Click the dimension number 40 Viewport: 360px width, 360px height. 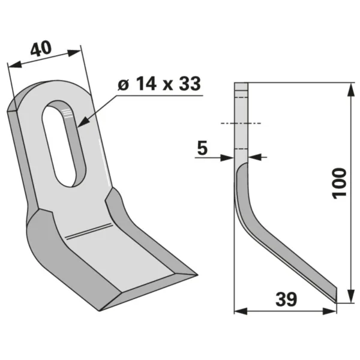41,49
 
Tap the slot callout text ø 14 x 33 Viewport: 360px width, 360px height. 160,83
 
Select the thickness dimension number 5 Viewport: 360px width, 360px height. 202,148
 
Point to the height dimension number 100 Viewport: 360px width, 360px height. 340,183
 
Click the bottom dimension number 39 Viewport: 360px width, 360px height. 286,299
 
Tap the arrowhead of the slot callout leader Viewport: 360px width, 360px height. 83,122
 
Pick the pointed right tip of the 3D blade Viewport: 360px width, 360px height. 197,275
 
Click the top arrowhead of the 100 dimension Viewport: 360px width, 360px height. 350,90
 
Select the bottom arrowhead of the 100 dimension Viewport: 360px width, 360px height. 350,296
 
